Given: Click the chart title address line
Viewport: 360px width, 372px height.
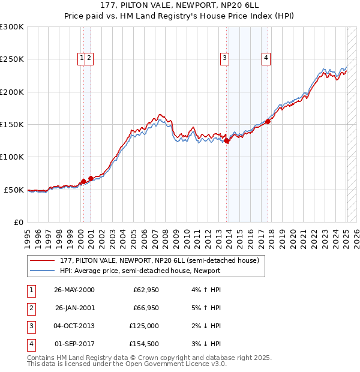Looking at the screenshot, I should [179, 5].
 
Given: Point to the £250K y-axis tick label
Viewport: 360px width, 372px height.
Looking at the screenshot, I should [12, 59].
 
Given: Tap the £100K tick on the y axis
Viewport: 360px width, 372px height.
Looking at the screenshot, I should [12, 157].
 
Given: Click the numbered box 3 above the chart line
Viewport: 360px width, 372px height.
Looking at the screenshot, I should [224, 58].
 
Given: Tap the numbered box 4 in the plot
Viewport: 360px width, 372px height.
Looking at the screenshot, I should [265, 58].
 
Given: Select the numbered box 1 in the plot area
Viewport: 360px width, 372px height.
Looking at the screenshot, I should [81, 58].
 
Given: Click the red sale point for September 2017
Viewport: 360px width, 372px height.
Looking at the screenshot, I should [268, 122].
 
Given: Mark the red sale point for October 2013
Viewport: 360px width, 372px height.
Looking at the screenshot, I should [227, 141].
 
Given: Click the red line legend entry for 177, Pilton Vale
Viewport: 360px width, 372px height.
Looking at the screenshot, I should [158, 260].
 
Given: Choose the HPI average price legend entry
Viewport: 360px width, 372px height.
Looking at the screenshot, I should [140, 271].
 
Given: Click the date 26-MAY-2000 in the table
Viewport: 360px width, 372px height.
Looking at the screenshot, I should [74, 290].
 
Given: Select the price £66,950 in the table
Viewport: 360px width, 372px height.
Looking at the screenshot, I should [146, 308].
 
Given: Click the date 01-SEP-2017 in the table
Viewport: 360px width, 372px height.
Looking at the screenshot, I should [74, 344].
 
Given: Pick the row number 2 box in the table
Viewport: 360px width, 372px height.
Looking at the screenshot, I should [30, 308].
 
